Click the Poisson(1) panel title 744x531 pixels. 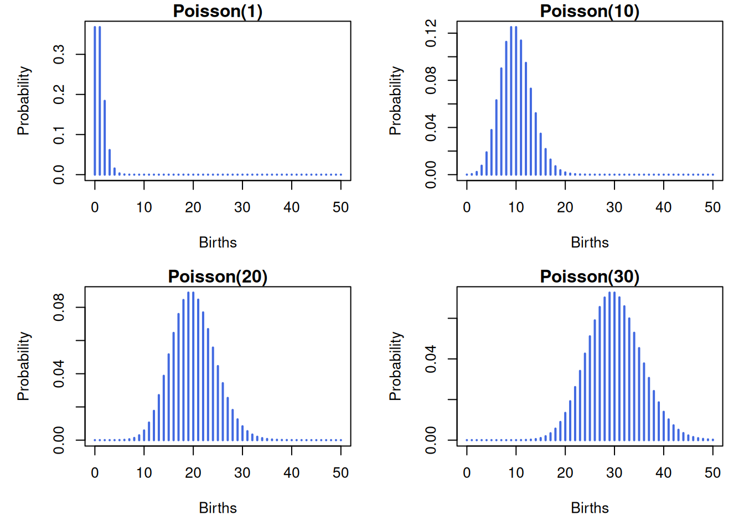click(218, 11)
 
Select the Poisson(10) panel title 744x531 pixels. click(590, 11)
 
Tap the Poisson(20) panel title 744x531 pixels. click(218, 277)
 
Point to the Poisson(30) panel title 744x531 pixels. click(590, 277)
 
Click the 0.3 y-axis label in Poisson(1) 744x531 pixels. click(59, 54)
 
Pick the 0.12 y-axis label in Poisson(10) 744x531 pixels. click(431, 33)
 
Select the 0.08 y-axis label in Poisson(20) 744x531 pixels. click(59, 308)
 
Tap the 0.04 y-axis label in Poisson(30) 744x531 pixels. click(431, 359)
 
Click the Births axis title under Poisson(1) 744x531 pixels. click(218, 243)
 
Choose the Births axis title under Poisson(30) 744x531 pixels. click(590, 508)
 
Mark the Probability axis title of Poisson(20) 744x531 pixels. click(24, 366)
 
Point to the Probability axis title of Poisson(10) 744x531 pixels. click(396, 101)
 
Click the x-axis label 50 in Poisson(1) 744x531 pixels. click(341, 207)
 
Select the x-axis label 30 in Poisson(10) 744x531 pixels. click(614, 207)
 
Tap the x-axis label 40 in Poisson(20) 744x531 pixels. click(292, 473)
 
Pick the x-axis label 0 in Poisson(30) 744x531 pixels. click(467, 473)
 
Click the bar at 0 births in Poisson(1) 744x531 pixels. click(95, 101)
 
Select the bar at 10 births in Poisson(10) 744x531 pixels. click(516, 101)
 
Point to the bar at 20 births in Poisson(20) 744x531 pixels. click(193, 366)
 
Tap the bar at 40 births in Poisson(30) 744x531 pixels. click(664, 426)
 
